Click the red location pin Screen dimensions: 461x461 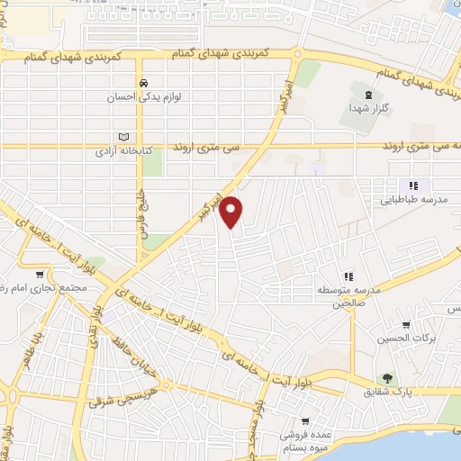click(231, 211)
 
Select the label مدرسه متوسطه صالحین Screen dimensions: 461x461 click(348, 298)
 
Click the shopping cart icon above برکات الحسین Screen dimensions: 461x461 click(407, 325)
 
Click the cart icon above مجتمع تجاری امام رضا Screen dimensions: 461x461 click(39, 275)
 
